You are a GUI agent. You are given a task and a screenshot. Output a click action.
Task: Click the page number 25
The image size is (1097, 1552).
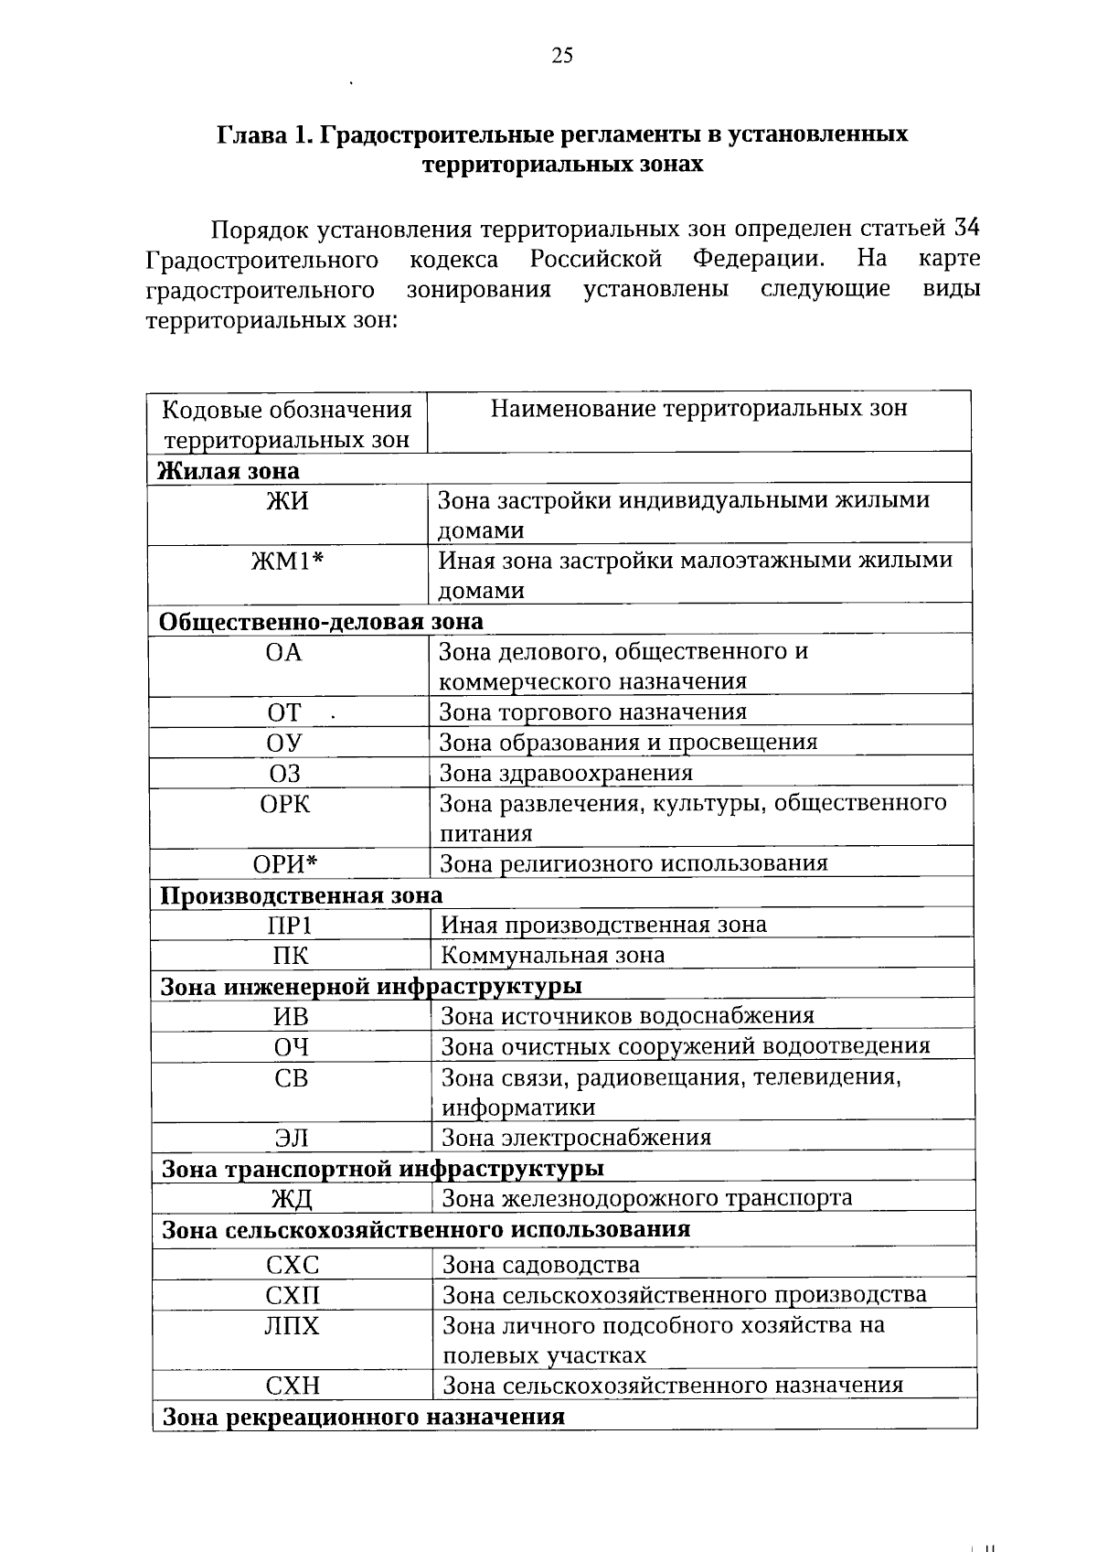[x=562, y=57]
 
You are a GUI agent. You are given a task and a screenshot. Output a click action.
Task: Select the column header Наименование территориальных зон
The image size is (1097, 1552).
[x=698, y=409]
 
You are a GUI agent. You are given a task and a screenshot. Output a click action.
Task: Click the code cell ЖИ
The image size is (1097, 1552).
[x=287, y=501]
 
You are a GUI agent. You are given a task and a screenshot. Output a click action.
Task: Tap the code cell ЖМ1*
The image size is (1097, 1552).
[x=287, y=561]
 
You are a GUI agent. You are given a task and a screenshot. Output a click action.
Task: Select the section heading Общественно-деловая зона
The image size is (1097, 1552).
[x=321, y=621]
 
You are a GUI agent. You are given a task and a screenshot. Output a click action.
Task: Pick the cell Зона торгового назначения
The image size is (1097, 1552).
[x=592, y=712]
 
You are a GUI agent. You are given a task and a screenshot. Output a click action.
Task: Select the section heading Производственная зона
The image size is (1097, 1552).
[x=302, y=895]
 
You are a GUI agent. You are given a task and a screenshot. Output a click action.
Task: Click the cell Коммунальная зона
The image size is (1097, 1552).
[x=552, y=956]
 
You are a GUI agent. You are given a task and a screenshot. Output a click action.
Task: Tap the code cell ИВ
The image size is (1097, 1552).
[x=291, y=1017]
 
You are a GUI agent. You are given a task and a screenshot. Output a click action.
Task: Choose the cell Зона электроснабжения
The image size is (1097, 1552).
[x=576, y=1138]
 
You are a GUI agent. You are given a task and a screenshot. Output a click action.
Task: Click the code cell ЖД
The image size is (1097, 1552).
[x=292, y=1199]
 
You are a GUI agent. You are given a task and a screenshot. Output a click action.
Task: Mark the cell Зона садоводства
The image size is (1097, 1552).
[x=540, y=1265]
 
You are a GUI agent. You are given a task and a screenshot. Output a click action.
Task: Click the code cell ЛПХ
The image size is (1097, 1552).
[x=293, y=1326]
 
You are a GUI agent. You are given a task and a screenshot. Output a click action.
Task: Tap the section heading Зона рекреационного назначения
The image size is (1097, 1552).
[x=363, y=1417]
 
